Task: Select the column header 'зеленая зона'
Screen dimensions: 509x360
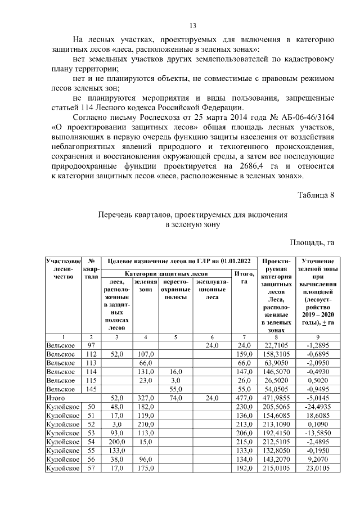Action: point(146,285)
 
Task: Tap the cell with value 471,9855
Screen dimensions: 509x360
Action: point(276,397)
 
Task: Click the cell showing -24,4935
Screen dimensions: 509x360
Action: point(316,406)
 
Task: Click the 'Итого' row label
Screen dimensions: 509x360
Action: point(55,397)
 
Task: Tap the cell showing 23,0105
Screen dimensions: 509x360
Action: point(316,467)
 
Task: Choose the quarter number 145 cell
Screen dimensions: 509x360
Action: point(91,388)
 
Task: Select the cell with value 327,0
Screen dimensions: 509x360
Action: point(146,397)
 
